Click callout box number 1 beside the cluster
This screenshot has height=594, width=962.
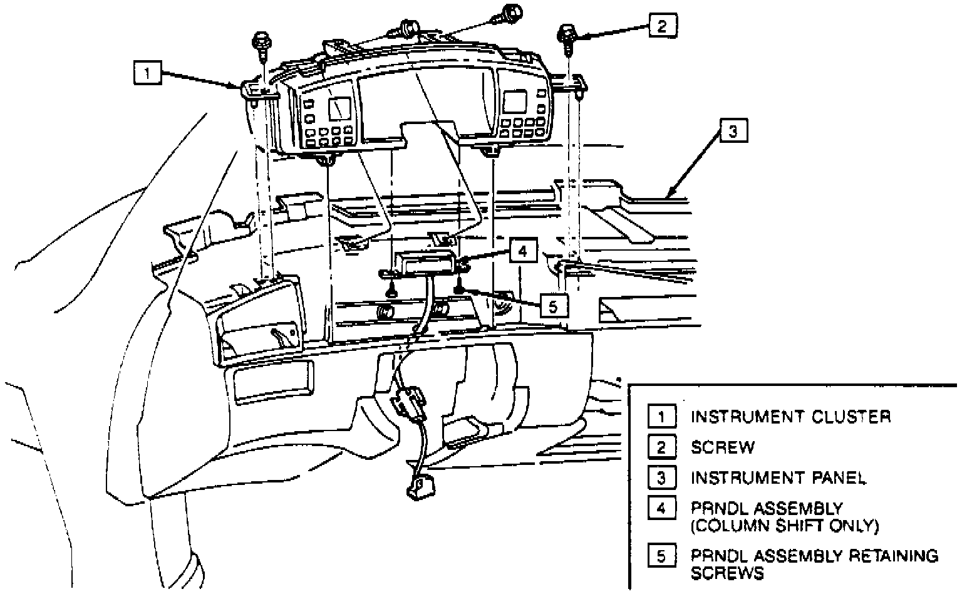coord(147,75)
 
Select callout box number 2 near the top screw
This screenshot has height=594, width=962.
coord(663,26)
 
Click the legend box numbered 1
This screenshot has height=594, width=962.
coord(662,417)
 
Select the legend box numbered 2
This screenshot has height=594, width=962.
coord(662,447)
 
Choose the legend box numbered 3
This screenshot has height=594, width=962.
coord(662,478)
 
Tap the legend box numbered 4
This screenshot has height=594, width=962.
coord(662,508)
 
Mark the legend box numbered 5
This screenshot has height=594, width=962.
coord(662,556)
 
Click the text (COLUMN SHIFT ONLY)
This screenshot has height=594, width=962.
coord(785,525)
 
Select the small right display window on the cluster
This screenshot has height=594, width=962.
coord(515,102)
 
